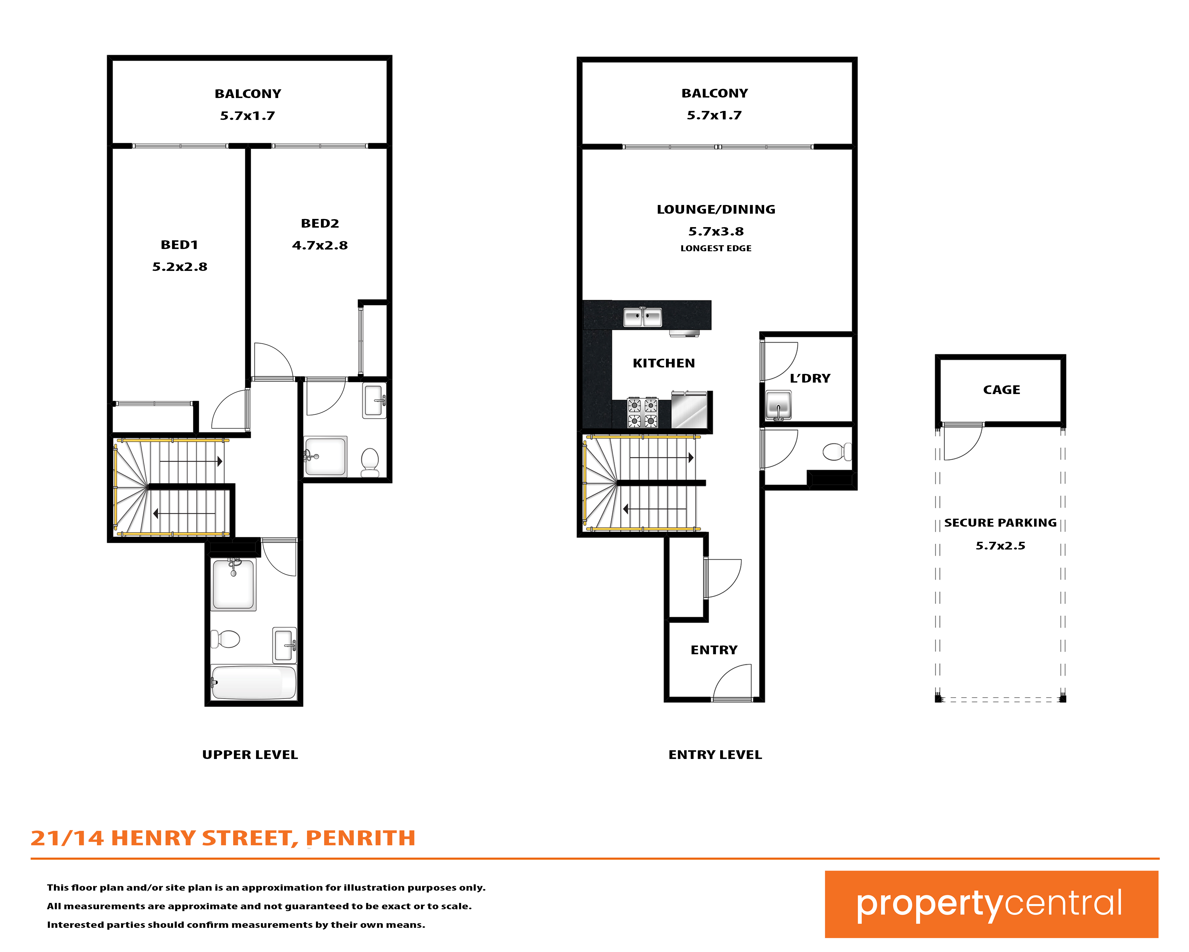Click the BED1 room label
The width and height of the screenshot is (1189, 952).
point(179,245)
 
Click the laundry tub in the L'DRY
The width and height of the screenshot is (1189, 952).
point(778,405)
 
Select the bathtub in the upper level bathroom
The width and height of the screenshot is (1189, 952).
point(254,683)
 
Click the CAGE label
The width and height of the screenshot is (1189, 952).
point(1002,390)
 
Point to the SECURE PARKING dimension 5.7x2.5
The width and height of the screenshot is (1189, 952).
point(1000,546)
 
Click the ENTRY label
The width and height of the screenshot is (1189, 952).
point(714,650)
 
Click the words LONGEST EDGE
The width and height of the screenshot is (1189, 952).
point(716,248)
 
